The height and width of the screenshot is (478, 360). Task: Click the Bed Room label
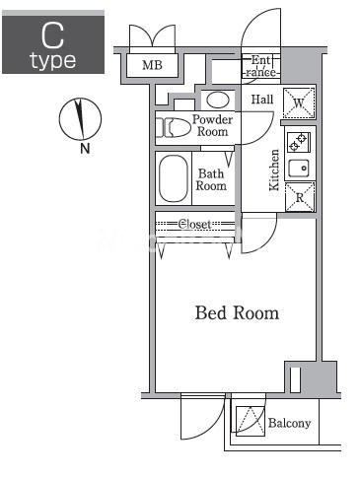click(237, 312)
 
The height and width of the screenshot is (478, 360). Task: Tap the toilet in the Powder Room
click(174, 127)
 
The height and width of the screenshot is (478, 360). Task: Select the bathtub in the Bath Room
click(174, 178)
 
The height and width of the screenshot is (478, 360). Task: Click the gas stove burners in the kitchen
click(299, 142)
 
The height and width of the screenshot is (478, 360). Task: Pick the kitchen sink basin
click(299, 169)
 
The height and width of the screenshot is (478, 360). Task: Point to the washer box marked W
click(299, 102)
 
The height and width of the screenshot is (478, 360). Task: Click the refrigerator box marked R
click(300, 197)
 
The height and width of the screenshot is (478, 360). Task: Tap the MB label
click(152, 65)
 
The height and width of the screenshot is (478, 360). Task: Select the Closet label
click(194, 225)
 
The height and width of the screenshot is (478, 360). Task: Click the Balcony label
click(289, 423)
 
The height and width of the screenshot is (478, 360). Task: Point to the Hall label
click(262, 100)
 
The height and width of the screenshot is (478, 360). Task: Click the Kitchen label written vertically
click(274, 170)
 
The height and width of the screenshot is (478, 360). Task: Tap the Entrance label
click(261, 66)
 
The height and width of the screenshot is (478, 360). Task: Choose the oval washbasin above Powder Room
click(218, 100)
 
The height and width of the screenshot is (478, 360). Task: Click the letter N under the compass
click(85, 149)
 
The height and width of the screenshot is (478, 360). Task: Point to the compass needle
click(79, 118)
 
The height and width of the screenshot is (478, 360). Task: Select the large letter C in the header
click(52, 35)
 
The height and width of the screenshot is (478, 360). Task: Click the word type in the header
click(53, 61)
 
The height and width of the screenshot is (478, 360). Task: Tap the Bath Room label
click(211, 179)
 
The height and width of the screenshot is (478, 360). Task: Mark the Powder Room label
click(212, 125)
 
